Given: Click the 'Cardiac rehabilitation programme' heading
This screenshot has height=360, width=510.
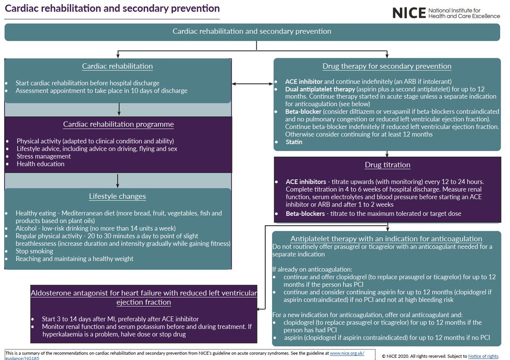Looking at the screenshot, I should [118, 125].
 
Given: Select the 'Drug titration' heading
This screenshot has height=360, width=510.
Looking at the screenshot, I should [387, 165].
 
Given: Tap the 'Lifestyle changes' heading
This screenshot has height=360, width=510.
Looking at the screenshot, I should [117, 196].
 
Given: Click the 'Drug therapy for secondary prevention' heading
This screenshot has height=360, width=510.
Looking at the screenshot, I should [387, 66].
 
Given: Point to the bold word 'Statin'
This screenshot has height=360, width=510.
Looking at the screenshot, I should [294, 142].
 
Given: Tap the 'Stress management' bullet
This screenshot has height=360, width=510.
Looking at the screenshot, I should [43, 156].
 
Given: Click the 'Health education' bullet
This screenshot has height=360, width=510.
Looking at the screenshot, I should [40, 164].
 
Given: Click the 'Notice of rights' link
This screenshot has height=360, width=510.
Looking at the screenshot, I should [483, 356].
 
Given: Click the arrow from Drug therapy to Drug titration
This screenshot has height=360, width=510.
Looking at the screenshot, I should [387, 153].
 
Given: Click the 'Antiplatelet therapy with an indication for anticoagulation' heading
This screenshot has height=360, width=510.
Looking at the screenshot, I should [386, 239].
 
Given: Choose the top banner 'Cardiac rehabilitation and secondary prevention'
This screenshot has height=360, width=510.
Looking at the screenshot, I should [252, 31].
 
